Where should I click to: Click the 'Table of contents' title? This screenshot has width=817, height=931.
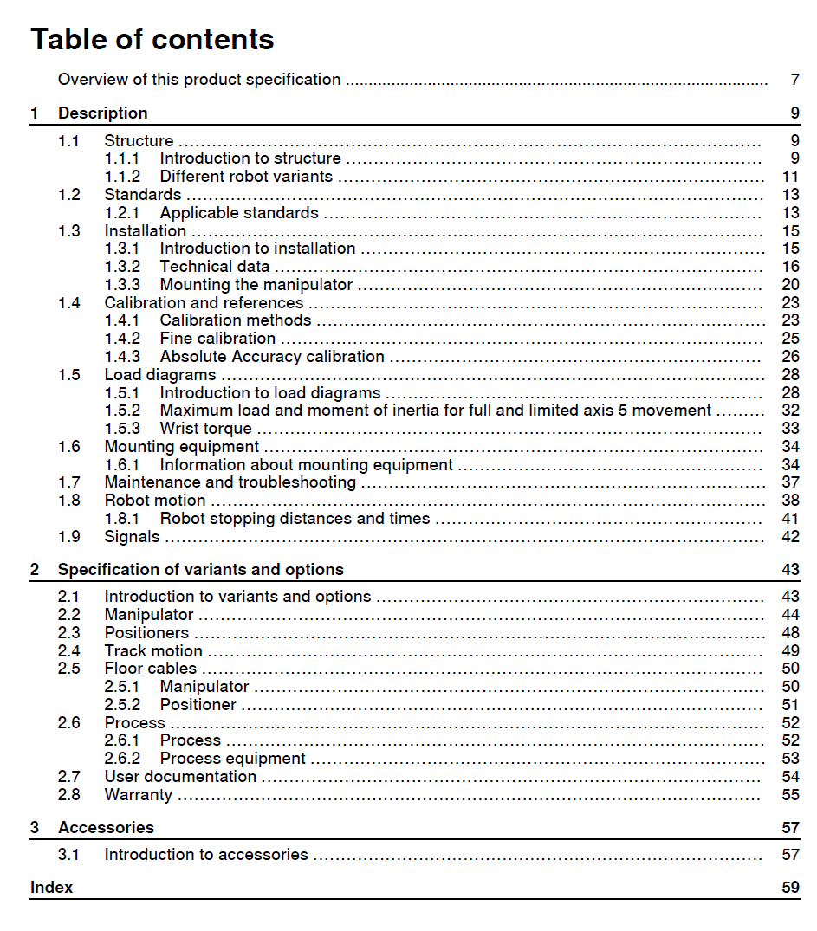[152, 40]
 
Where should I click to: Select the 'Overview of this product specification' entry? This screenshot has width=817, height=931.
[199, 80]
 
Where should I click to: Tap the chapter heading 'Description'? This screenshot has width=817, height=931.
[102, 113]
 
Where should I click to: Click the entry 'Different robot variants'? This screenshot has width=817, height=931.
[246, 177]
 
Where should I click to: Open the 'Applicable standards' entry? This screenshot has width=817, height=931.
[239, 213]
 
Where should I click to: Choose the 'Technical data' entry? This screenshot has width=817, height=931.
[215, 267]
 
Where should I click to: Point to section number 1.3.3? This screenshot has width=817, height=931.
[122, 285]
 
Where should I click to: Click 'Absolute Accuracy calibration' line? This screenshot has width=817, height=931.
[272, 357]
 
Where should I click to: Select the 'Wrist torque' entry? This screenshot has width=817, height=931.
[205, 429]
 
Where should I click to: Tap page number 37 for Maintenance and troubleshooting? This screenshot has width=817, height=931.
[789, 482]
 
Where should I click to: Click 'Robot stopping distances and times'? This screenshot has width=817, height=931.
[295, 519]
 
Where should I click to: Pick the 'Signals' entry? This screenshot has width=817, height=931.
[132, 537]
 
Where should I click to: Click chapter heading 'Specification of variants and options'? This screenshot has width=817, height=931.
[200, 570]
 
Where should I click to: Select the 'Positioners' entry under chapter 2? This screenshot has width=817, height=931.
[146, 633]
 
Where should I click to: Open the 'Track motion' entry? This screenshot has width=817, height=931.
[153, 651]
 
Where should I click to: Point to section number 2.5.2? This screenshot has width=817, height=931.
[122, 705]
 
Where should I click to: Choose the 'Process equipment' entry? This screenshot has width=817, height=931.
[232, 759]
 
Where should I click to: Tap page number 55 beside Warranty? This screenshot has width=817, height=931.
[789, 795]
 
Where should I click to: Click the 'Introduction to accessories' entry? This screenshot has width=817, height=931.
[206, 855]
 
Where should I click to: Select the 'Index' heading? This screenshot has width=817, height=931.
[51, 888]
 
